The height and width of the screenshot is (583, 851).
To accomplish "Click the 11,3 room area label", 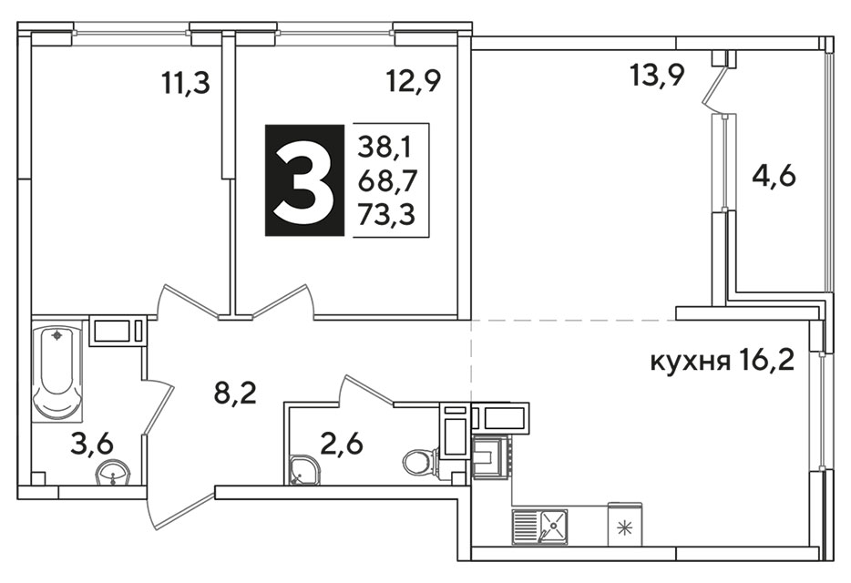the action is click(x=186, y=84).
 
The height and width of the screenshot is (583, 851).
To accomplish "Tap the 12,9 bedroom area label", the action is click(x=413, y=81).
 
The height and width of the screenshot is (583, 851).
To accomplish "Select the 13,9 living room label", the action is click(x=657, y=75).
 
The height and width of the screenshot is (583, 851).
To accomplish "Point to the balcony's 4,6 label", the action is click(x=774, y=176).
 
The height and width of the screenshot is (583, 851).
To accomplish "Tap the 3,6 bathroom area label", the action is click(x=92, y=444).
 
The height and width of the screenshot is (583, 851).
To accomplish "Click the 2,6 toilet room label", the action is click(x=342, y=445).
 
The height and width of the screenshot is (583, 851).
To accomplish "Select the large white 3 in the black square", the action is click(x=304, y=180).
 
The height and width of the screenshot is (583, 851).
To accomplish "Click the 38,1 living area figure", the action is click(x=385, y=147).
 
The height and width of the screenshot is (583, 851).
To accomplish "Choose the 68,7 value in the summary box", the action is click(x=386, y=180).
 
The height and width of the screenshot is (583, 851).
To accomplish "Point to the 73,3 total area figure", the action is click(x=386, y=214).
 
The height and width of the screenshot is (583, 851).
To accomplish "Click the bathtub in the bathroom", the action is click(x=57, y=372).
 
